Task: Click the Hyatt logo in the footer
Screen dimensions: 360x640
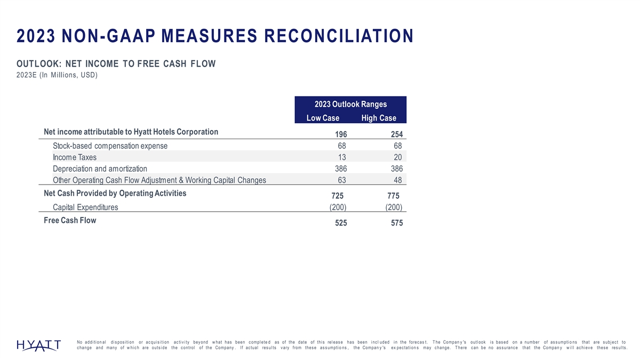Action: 38,346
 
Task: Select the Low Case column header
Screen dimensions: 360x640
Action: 323,118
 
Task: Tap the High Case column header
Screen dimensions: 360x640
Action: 378,118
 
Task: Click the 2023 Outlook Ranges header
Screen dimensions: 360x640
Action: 350,105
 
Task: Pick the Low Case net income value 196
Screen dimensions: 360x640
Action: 340,134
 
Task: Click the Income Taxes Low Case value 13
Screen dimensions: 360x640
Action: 342,157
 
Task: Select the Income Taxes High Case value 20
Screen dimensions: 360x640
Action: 397,157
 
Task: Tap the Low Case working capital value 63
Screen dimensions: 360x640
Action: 342,180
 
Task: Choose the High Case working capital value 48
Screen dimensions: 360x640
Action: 397,180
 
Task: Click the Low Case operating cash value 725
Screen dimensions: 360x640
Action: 340,196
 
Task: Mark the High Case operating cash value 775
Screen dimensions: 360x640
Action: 395,196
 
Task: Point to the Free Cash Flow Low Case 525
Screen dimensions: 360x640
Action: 340,223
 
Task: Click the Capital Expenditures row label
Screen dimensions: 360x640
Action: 85,207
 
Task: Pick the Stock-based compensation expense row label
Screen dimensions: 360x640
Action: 110,146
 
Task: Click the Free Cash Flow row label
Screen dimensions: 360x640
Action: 70,220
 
